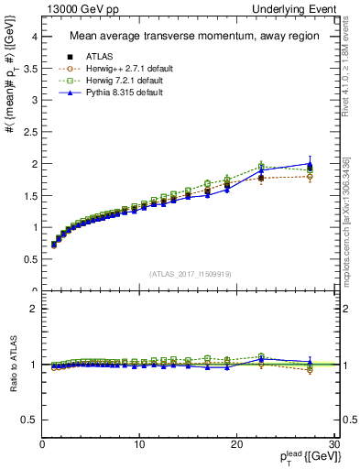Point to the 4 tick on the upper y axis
[33, 37]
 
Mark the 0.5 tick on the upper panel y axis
[29, 259]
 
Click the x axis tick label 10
[139, 444]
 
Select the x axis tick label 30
[333, 444]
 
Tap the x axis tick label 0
[42, 444]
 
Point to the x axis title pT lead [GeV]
[302, 457]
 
